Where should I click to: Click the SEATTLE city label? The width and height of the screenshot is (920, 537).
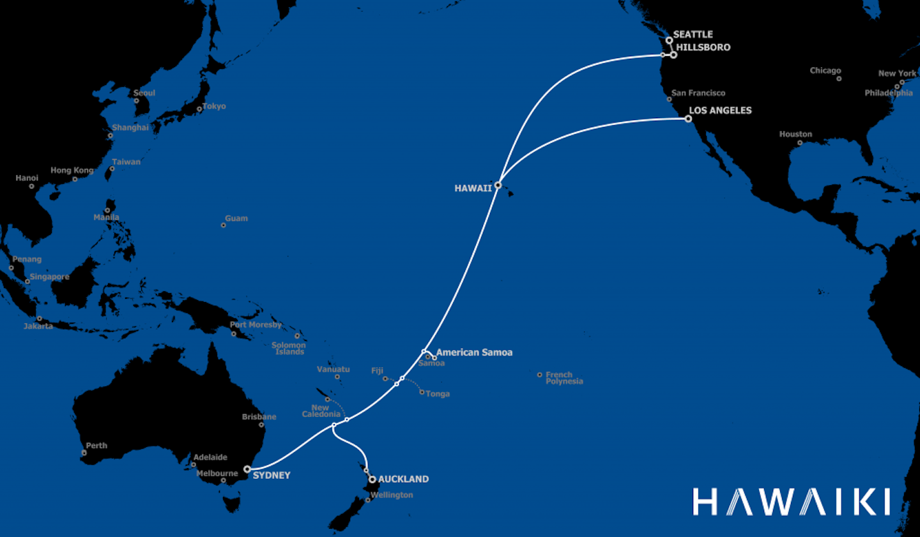(693, 34)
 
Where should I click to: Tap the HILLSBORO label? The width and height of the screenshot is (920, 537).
(703, 47)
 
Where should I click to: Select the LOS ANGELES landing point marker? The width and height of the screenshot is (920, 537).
(688, 119)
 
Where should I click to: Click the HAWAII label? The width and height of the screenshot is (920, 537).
(473, 188)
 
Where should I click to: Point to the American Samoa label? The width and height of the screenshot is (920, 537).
(474, 352)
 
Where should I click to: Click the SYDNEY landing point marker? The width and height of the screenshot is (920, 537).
(247, 469)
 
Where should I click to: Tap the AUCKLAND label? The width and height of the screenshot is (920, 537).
(403, 479)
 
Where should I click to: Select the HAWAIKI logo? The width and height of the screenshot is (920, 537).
(791, 502)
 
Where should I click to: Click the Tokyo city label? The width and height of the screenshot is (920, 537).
(214, 106)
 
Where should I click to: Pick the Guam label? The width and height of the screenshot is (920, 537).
(236, 218)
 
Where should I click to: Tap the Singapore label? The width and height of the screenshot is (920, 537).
(49, 276)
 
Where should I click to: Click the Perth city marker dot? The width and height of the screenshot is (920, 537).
(84, 453)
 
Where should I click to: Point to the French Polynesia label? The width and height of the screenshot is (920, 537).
(563, 378)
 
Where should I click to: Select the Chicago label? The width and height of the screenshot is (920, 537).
(825, 70)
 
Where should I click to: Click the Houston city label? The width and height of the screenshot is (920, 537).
(795, 134)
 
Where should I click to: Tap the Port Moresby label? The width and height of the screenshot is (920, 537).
(256, 324)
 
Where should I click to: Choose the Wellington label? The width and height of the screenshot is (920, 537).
(392, 495)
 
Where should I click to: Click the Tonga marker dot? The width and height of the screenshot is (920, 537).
(422, 392)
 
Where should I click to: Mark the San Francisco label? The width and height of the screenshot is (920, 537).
(698, 93)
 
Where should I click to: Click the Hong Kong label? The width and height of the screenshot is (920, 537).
(72, 170)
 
